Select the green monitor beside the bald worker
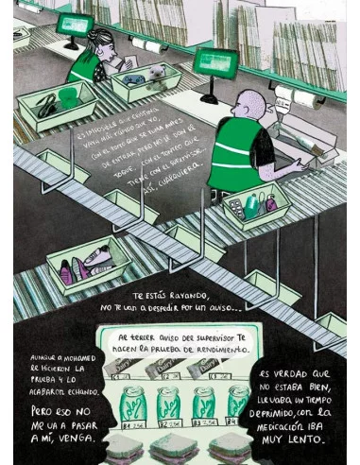210,62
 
